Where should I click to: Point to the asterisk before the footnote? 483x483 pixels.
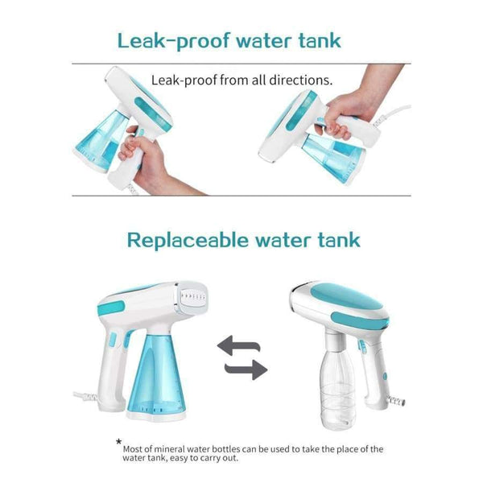pyautogui.click(x=119, y=442)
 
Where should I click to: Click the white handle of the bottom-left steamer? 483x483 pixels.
pyautogui.click(x=109, y=370)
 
